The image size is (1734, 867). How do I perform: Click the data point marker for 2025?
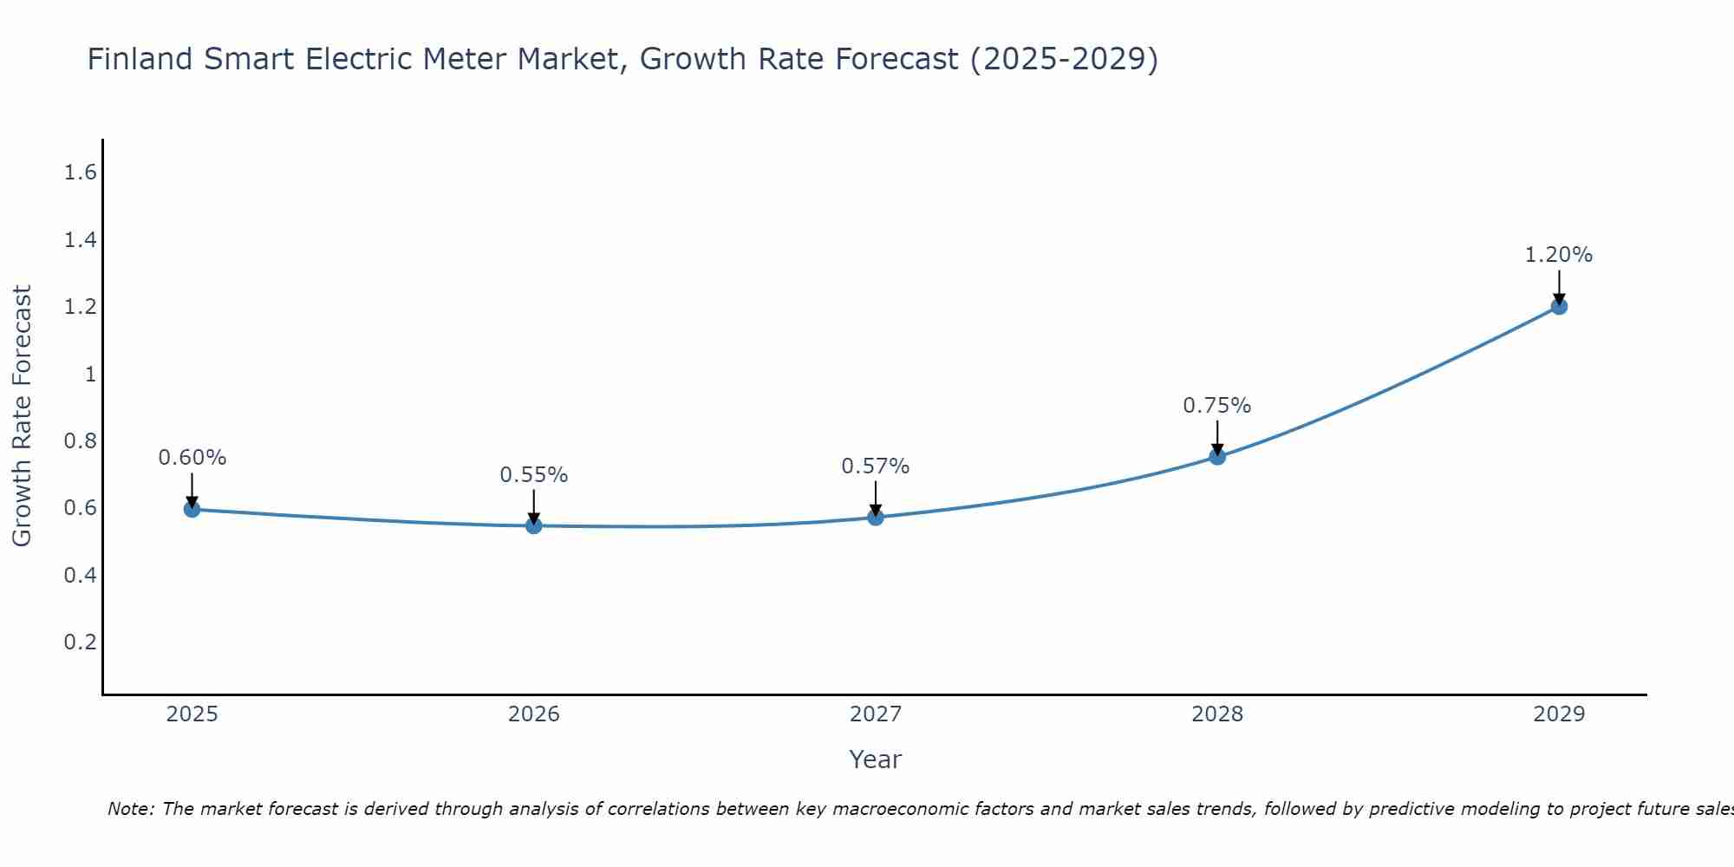pyautogui.click(x=192, y=509)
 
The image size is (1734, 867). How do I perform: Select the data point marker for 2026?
pyautogui.click(x=534, y=525)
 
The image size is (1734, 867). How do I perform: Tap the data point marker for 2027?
pyautogui.click(x=876, y=518)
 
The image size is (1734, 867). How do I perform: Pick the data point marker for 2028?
pyautogui.click(x=1217, y=457)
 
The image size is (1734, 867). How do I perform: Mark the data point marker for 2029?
pyautogui.click(x=1559, y=306)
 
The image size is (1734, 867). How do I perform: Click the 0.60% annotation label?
pyautogui.click(x=192, y=458)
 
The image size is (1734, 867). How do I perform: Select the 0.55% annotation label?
pyautogui.click(x=534, y=475)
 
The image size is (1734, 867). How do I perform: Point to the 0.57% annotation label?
pyautogui.click(x=876, y=466)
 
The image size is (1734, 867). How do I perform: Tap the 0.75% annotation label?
pyautogui.click(x=1217, y=406)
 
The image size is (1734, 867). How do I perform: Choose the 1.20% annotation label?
pyautogui.click(x=1559, y=255)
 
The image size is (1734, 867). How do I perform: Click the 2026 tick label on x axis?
pyautogui.click(x=534, y=714)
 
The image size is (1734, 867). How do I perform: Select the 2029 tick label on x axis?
pyautogui.click(x=1559, y=714)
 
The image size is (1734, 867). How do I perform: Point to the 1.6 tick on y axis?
pyautogui.click(x=80, y=173)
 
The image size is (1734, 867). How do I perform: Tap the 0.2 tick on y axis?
pyautogui.click(x=80, y=642)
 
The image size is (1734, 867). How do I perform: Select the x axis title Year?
pyautogui.click(x=876, y=759)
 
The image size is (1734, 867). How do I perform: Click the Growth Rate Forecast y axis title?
pyautogui.click(x=22, y=416)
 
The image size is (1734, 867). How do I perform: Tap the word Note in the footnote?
pyautogui.click(x=129, y=809)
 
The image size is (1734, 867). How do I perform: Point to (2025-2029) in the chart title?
pyautogui.click(x=1064, y=59)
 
